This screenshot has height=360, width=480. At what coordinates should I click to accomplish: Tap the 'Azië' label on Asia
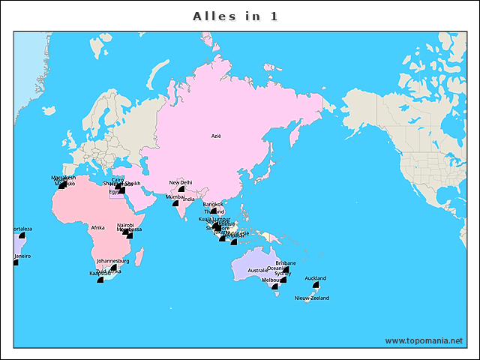217,136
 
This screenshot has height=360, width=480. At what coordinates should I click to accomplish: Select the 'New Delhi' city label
181,182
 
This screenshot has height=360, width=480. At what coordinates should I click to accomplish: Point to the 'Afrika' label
97,227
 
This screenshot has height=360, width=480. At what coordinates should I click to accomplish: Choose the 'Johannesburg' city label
113,261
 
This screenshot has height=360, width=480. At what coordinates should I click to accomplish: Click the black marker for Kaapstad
100,278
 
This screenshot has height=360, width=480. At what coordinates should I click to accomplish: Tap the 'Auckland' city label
316,278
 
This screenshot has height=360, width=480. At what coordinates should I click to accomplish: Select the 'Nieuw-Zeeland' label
312,298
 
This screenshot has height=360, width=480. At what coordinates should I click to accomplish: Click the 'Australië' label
257,270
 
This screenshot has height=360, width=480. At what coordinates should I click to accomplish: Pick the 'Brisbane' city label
286,262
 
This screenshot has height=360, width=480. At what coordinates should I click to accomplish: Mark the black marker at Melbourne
275,286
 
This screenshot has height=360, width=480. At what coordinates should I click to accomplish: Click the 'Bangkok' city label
213,203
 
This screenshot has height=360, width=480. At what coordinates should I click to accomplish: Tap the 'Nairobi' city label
125,225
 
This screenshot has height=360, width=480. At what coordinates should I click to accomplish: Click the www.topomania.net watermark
424,340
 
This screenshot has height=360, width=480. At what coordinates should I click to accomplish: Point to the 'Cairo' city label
118,179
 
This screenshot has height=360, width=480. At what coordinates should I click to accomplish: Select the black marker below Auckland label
316,285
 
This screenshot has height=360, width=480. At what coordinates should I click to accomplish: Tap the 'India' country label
189,199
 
